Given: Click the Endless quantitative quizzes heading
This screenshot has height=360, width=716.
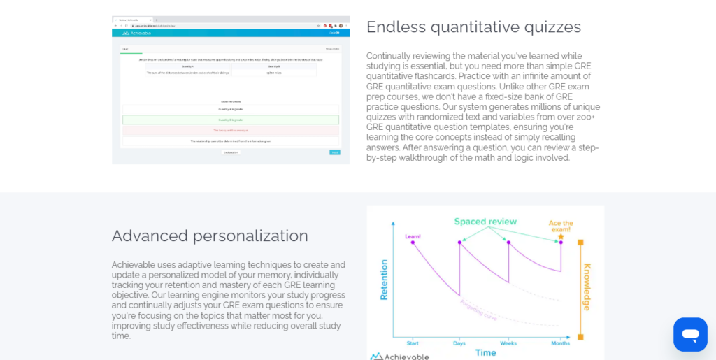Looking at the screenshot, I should pyautogui.click(x=473, y=27).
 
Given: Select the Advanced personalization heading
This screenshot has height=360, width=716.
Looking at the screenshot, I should pyautogui.click(x=210, y=236).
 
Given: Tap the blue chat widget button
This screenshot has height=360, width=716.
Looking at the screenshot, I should pyautogui.click(x=689, y=334).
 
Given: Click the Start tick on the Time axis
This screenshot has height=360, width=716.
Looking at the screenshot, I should pyautogui.click(x=413, y=343).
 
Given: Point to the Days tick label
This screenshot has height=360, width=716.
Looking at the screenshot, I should pyautogui.click(x=459, y=343).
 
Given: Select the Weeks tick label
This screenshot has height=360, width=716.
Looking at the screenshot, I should pyautogui.click(x=508, y=343).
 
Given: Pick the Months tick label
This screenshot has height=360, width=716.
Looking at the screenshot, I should pyautogui.click(x=560, y=343).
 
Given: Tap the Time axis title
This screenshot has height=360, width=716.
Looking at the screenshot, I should pyautogui.click(x=485, y=352).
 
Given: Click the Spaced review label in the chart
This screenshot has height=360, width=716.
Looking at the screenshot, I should pyautogui.click(x=485, y=222).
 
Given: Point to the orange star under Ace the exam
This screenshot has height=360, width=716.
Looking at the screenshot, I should pyautogui.click(x=561, y=237).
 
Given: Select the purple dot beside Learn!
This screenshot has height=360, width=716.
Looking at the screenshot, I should pyautogui.click(x=413, y=243).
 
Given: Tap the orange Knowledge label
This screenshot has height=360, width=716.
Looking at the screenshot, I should pyautogui.click(x=587, y=287).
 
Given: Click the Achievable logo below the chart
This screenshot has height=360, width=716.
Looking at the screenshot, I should pyautogui.click(x=399, y=356).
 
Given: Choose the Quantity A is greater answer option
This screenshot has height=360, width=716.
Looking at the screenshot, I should pyautogui.click(x=230, y=110).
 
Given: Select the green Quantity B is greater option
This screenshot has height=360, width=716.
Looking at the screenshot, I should pyautogui.click(x=230, y=120).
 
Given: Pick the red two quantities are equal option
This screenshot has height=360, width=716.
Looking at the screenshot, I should pyautogui.click(x=230, y=130).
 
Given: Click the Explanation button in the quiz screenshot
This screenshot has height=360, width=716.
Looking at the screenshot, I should pyautogui.click(x=231, y=152).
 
